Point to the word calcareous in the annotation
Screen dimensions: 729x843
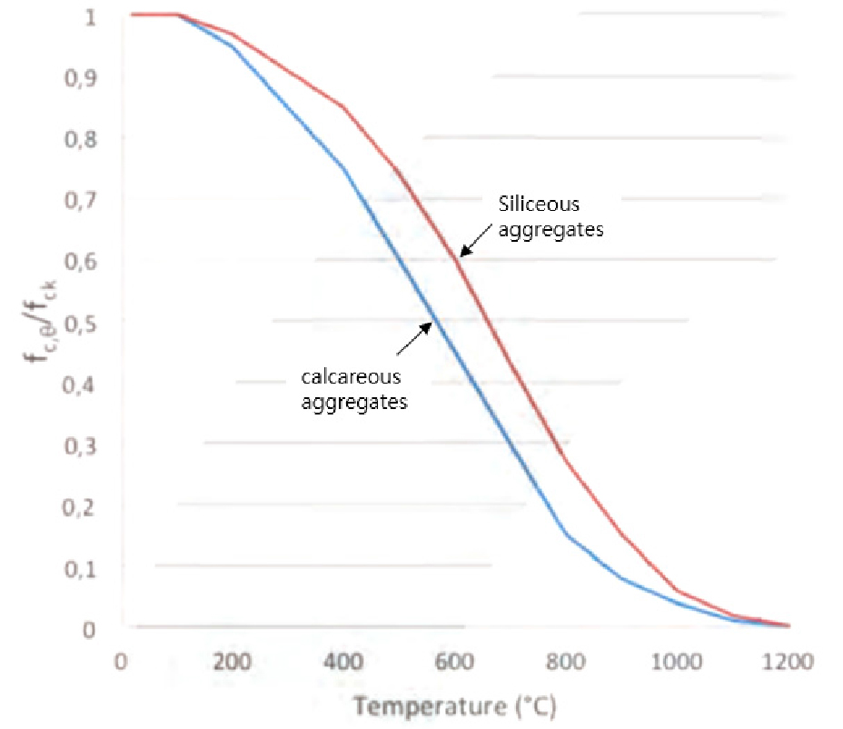(x=351, y=375)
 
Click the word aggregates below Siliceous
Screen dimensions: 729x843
(x=551, y=230)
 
